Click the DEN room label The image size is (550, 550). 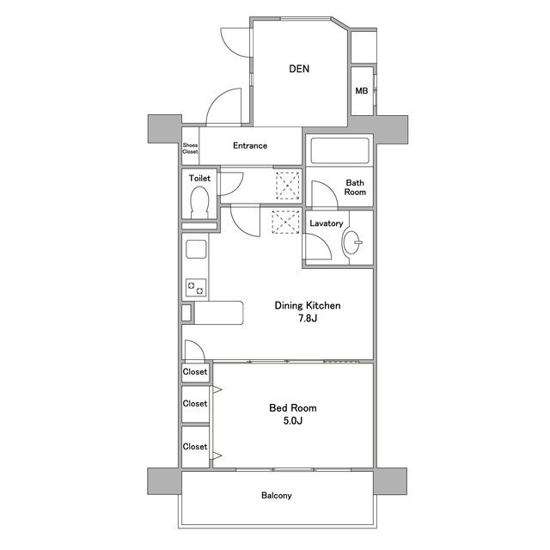pos(299,69)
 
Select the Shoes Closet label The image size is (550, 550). pos(190,149)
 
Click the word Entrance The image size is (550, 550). pos(250,146)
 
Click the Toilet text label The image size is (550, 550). pos(199,178)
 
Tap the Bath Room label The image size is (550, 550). pos(356,187)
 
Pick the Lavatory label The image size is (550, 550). pos(327,223)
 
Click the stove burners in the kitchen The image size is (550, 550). pos(195,288)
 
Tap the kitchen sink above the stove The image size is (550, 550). pos(195,252)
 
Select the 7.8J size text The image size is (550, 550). pos(308,320)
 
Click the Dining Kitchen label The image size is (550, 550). pos(308,305)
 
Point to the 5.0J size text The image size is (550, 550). pos(292,422)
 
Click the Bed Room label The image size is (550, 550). pos(292,407)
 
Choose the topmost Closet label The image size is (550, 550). pos(195,373)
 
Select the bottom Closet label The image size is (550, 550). pos(195,447)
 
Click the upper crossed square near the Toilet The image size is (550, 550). pos(286,184)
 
